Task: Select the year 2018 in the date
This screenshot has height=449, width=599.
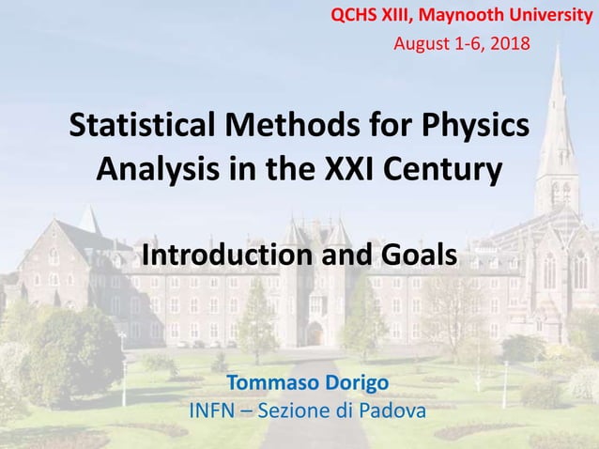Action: (508, 42)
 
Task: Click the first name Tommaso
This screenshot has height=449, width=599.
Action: (270, 383)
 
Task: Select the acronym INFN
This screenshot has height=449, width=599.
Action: (215, 410)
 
